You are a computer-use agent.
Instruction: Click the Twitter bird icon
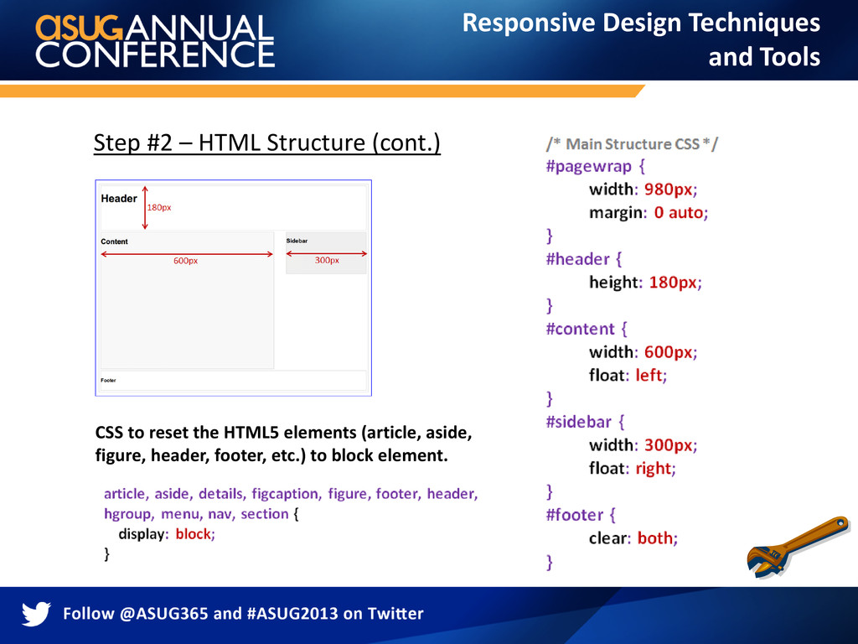[36, 613]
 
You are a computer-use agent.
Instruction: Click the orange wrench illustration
[798, 547]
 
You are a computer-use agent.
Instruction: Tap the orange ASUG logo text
[80, 28]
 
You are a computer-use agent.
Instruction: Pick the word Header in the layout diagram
[119, 198]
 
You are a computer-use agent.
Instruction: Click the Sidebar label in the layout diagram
[297, 241]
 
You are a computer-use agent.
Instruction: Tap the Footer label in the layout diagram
[108, 380]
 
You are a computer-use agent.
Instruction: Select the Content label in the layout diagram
[114, 241]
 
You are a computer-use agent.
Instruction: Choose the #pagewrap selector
[589, 167]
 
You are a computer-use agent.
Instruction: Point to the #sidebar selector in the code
[578, 422]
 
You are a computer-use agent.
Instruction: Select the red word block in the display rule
[194, 534]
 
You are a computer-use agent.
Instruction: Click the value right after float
[654, 469]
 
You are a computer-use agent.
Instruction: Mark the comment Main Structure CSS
[632, 144]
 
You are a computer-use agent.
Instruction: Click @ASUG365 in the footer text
[163, 613]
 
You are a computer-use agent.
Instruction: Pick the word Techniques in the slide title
[754, 23]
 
